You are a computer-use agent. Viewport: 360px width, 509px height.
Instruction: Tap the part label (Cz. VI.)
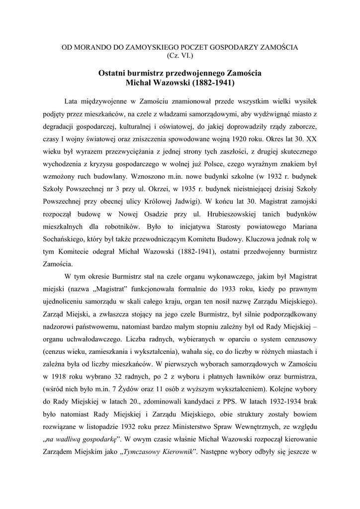(180, 56)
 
